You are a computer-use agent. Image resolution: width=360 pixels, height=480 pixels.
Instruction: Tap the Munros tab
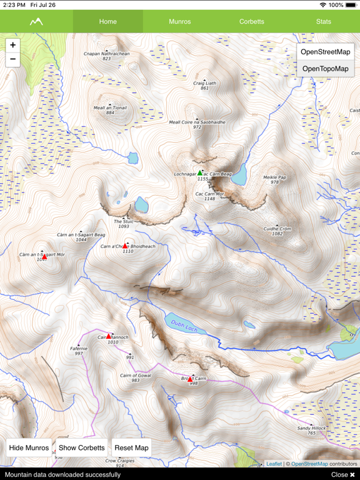[x=179, y=21]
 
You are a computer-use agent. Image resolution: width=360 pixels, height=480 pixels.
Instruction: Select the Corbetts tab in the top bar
[x=251, y=21]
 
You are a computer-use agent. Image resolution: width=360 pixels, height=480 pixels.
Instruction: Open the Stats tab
[x=323, y=21]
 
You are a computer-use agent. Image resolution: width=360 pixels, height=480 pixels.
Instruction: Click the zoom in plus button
[x=13, y=45]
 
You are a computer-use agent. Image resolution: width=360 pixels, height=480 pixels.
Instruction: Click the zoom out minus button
[x=13, y=60]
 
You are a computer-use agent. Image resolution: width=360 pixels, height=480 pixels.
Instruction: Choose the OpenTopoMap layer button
[x=325, y=68]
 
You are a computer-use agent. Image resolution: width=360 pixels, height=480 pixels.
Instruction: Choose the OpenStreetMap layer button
[x=325, y=52]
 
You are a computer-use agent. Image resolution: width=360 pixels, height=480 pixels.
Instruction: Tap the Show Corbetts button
[x=82, y=447]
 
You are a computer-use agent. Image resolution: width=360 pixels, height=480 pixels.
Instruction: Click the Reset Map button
[x=131, y=447]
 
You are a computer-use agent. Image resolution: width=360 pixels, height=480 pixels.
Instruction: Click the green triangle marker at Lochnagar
[x=200, y=172]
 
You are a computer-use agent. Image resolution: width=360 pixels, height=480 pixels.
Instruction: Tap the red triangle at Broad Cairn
[x=191, y=379]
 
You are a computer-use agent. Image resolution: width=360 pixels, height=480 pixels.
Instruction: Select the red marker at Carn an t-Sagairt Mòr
[x=44, y=256]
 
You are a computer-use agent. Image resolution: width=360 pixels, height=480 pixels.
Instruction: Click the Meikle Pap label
[x=274, y=177]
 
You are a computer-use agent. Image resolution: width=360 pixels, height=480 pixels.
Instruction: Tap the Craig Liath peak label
[x=204, y=83]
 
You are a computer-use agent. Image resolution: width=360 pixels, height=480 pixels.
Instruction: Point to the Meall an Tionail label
[x=110, y=107]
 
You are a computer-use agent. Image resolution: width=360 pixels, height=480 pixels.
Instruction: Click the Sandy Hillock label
[x=311, y=428]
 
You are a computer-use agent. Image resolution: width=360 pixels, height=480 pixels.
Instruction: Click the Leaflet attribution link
[x=274, y=464]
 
